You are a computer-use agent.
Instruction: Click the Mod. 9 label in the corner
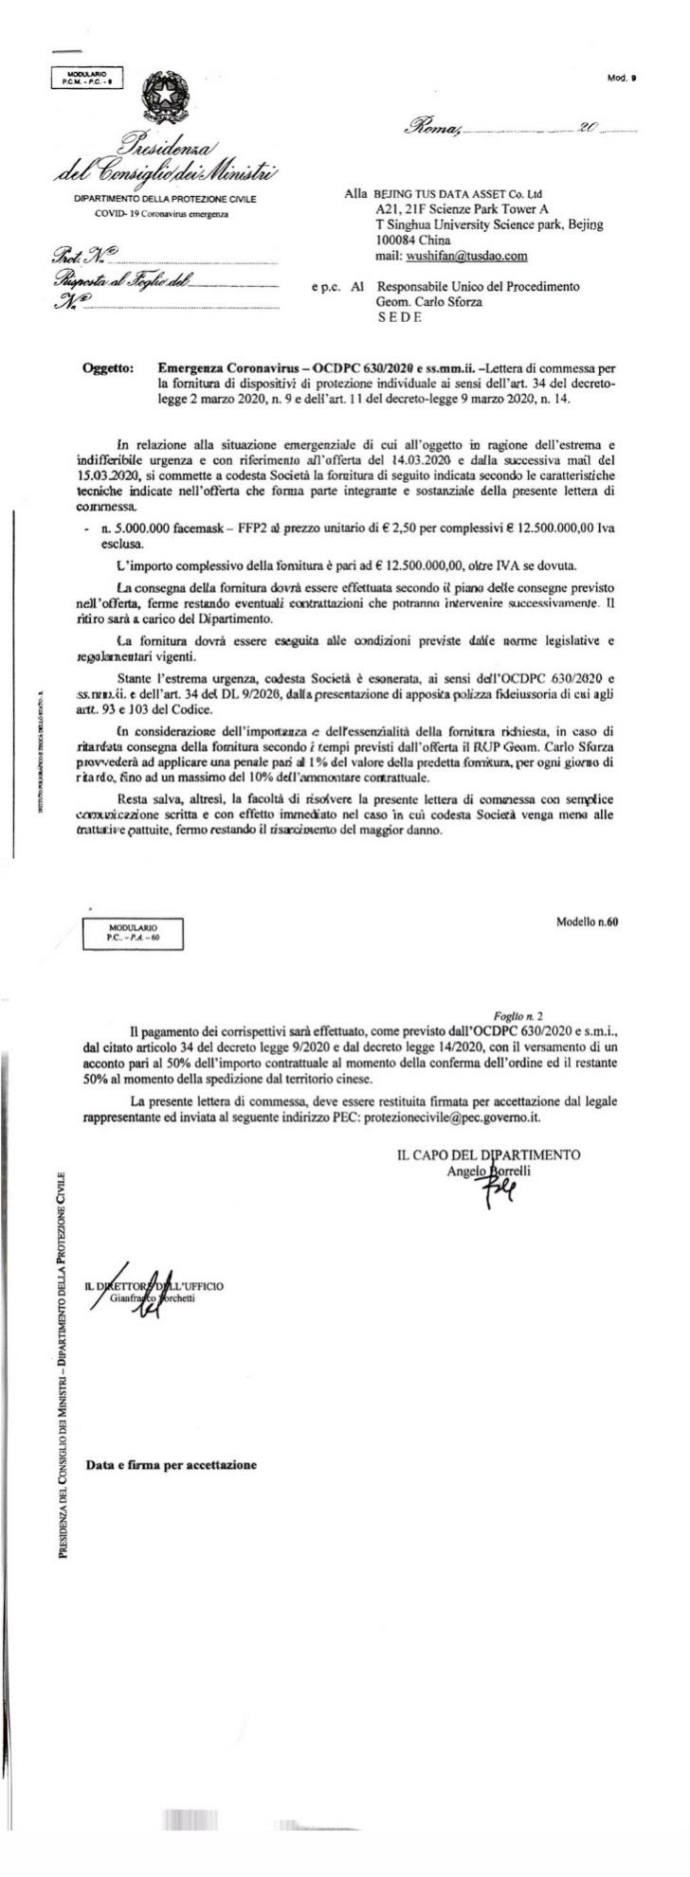pos(622,78)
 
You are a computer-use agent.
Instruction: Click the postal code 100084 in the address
pos(398,241)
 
